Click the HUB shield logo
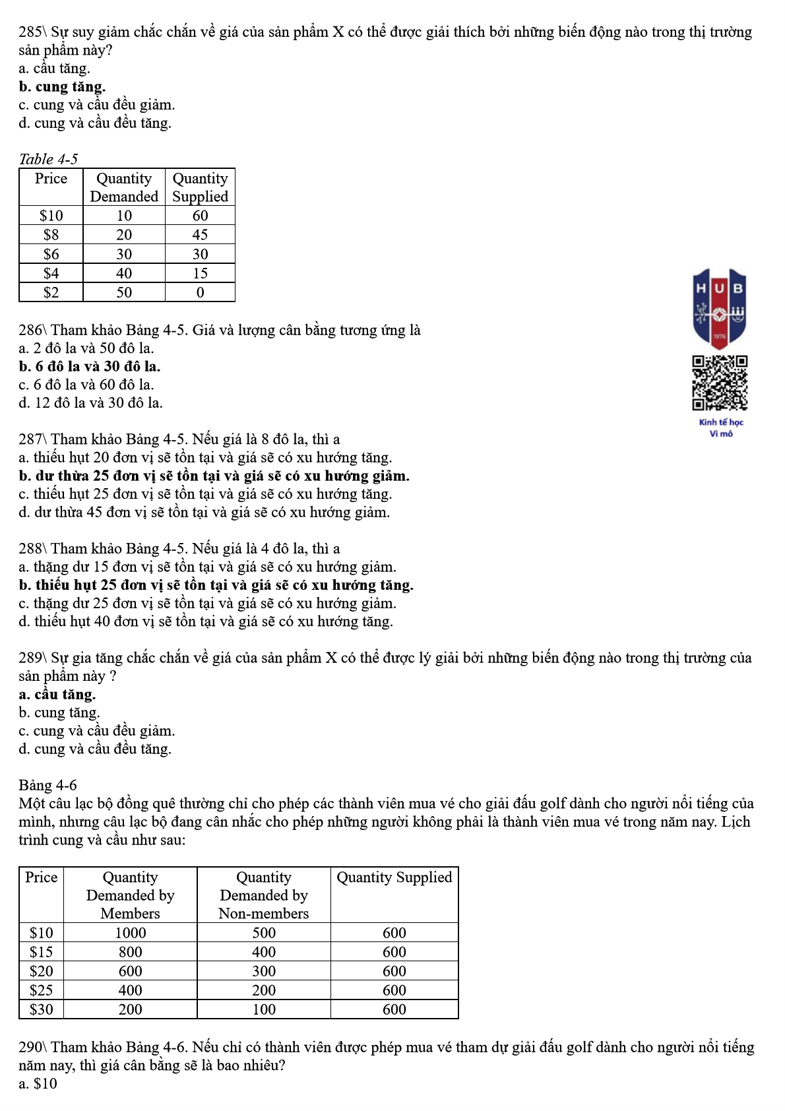[x=720, y=308]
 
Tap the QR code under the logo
[x=720, y=383]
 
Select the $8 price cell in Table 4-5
[x=51, y=235]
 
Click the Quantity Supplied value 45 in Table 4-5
[x=200, y=235]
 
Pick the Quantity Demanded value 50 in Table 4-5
[x=124, y=292]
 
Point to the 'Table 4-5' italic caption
[x=48, y=159]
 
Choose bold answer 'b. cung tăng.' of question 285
[x=62, y=86]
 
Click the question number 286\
[x=32, y=330]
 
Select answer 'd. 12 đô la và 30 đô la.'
[x=90, y=402]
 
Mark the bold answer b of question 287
[x=214, y=476]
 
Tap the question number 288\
[x=32, y=548]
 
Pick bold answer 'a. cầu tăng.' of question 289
[x=57, y=694]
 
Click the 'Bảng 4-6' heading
[x=47, y=785]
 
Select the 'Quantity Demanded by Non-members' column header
[x=263, y=895]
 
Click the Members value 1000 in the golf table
[x=130, y=933]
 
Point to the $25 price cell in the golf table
[x=41, y=990]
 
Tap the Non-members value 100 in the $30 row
[x=263, y=1009]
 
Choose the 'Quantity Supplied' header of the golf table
[x=394, y=877]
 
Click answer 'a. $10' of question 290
[x=38, y=1083]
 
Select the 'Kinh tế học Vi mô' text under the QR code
[x=720, y=428]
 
